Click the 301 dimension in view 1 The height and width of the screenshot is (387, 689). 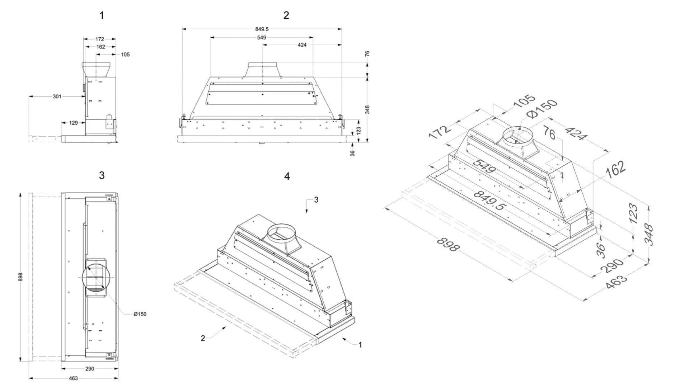coord(57,96)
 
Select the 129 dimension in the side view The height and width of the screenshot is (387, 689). coord(73,123)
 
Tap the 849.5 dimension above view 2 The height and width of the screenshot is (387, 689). coord(262,29)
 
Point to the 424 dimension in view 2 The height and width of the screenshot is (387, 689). coord(302,45)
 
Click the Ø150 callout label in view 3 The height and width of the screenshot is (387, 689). coord(140,314)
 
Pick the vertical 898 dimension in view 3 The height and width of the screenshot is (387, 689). coord(21,277)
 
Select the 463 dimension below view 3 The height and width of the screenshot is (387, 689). coord(73,378)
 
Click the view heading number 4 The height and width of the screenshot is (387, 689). coord(287,176)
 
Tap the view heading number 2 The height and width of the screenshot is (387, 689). coord(286,15)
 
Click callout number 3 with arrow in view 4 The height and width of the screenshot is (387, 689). coord(316,200)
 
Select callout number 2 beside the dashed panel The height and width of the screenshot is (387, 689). coord(203,338)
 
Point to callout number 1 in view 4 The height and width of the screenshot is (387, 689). coord(360,345)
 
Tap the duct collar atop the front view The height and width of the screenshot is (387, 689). coord(263,69)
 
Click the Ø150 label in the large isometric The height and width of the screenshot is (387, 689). coord(542,108)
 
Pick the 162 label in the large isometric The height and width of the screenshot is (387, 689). coord(616,169)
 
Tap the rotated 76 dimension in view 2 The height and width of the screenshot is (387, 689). coord(367,54)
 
